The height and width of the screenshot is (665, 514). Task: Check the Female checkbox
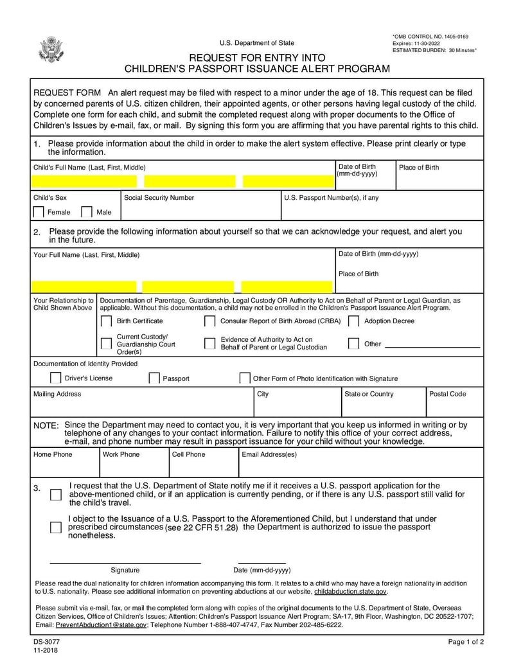point(39,212)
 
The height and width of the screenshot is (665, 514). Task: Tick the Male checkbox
point(87,212)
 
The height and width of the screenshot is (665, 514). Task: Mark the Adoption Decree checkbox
point(353,321)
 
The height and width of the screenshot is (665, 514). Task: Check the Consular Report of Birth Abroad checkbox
point(209,321)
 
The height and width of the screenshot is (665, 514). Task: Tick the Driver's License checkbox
point(56,378)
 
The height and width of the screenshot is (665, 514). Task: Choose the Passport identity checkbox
point(154,378)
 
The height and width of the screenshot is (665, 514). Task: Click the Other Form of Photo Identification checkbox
point(244,378)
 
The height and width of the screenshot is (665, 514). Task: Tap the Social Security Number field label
point(159,198)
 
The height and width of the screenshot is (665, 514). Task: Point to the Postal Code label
point(447,394)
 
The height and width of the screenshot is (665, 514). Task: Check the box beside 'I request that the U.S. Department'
point(56,494)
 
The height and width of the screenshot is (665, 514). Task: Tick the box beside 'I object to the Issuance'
point(56,528)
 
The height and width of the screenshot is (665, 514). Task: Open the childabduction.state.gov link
point(350,591)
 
